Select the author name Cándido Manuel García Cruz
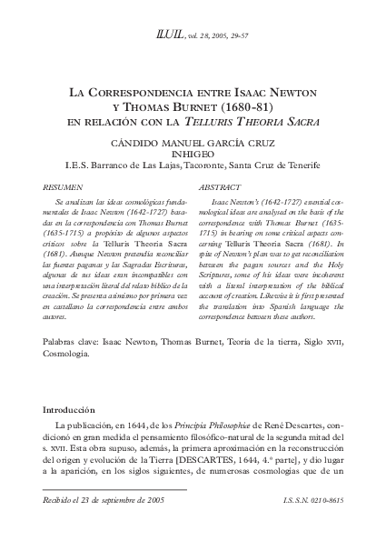click(x=193, y=143)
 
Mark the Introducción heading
click(x=77, y=410)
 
